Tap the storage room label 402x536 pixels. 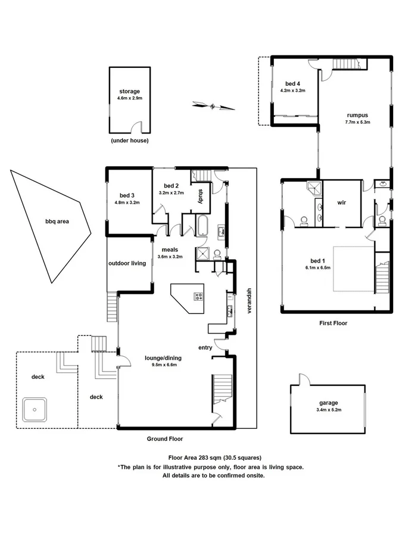(x=129, y=92)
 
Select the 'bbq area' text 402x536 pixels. (x=57, y=222)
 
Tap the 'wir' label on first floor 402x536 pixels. (x=342, y=202)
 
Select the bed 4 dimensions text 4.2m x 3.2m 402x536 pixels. (x=292, y=91)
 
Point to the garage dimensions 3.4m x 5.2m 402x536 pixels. (x=328, y=410)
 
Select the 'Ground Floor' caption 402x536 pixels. (x=165, y=439)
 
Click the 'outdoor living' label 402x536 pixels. (x=127, y=263)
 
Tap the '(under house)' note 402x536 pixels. (x=129, y=141)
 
